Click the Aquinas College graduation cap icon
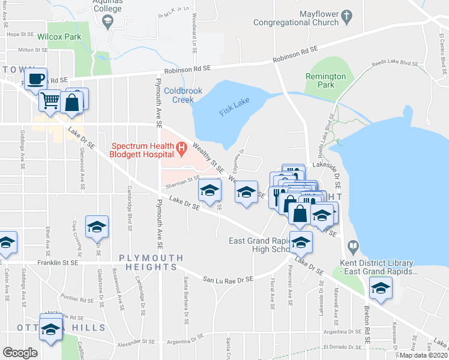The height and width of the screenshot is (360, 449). [107, 22]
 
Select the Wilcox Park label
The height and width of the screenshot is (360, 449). [59, 36]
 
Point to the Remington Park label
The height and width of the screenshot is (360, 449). [325, 81]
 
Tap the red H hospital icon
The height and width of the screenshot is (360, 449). [179, 146]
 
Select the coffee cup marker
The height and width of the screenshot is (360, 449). [36, 79]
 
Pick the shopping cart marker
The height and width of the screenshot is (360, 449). [50, 100]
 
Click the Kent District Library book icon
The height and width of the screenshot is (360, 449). [353, 245]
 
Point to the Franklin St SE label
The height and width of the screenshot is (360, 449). [57, 263]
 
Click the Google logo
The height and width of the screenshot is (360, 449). [20, 353]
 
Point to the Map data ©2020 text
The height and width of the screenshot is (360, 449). [423, 355]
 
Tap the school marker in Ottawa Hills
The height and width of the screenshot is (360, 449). [51, 328]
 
